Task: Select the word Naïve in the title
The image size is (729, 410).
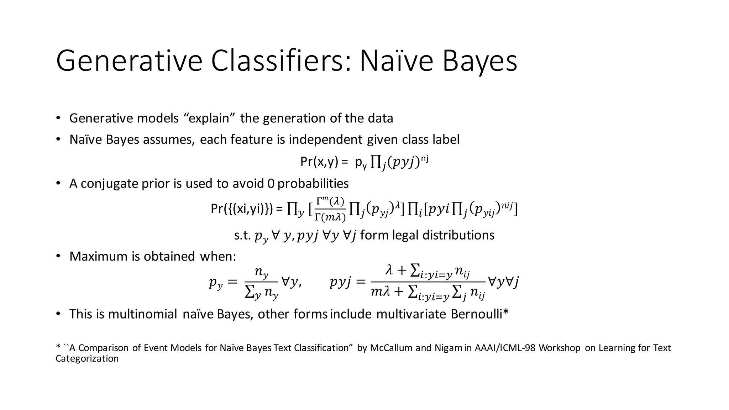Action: (396, 61)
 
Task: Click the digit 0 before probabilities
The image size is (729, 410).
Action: (271, 183)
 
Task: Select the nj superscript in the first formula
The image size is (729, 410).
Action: (424, 158)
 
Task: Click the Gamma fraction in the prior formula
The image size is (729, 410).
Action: (330, 210)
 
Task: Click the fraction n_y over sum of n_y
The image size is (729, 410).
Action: (262, 283)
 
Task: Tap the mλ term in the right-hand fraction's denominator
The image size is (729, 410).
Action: (381, 292)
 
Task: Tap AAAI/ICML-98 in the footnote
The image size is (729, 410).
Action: (505, 348)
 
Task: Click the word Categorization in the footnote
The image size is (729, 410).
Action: (87, 358)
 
